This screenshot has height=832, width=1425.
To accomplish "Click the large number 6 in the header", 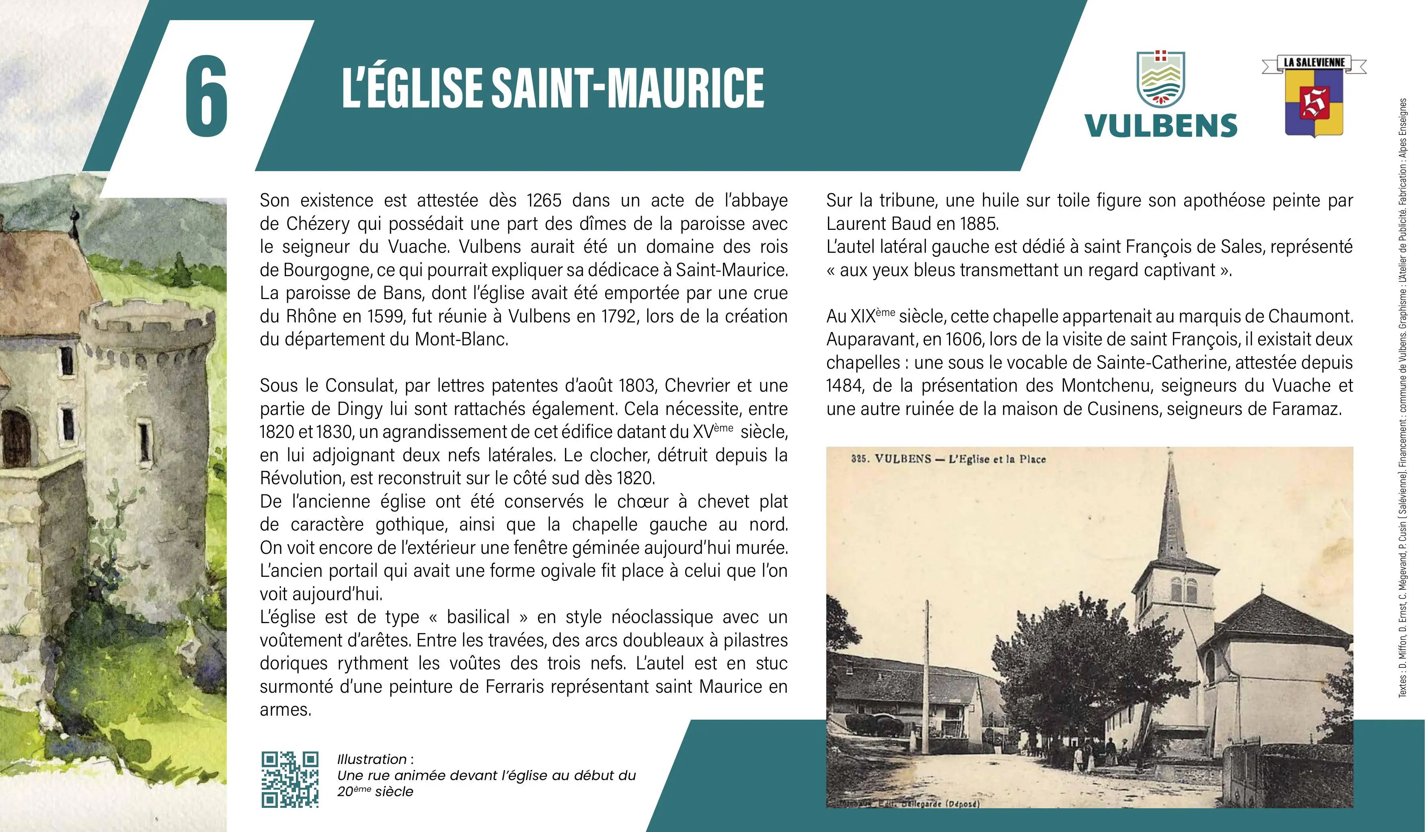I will pos(206,96).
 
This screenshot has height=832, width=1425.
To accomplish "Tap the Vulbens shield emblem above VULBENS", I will pos(1160,79).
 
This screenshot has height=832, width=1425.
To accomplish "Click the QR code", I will pos(290,779).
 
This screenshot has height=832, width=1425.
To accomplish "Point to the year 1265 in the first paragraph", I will pos(544,200).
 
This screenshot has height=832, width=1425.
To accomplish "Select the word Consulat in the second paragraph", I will pos(359,386).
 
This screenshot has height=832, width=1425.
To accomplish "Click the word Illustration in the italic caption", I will pos(372,759).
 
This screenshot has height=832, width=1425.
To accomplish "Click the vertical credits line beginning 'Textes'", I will pos(1402,396).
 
